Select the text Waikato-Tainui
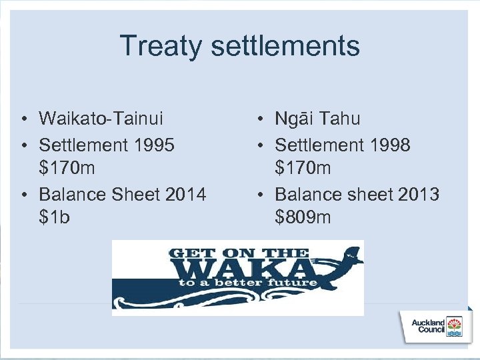click(x=101, y=119)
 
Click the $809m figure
click(x=303, y=217)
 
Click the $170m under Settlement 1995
click(x=67, y=168)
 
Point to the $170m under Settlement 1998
click(x=303, y=168)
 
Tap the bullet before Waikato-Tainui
click(x=23, y=120)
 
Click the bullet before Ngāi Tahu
click(x=259, y=120)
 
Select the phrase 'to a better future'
click(x=247, y=283)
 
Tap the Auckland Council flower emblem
click(x=454, y=326)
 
